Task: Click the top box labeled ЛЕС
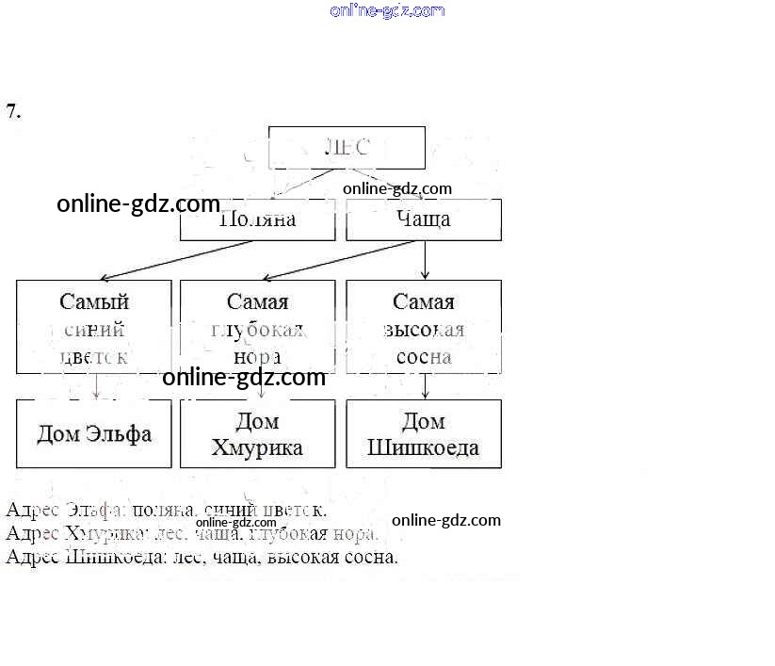347,148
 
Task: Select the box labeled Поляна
257,219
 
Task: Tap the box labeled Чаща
424,219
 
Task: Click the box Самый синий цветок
94,328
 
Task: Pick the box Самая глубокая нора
257,328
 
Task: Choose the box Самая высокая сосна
424,328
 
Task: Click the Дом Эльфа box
94,434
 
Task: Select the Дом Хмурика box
257,434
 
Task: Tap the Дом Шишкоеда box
424,434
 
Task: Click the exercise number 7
13,111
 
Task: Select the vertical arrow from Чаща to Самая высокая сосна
425,260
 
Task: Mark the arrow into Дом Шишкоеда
425,387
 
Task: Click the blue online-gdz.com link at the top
387,10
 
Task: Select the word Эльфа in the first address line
94,511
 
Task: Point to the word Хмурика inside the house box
257,447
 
